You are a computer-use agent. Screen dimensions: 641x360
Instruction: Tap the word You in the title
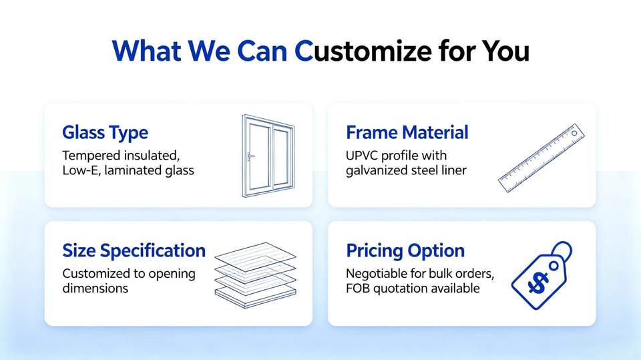(x=505, y=51)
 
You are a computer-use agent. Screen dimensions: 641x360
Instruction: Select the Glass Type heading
(x=105, y=133)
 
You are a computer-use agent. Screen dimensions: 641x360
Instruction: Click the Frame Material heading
(x=407, y=132)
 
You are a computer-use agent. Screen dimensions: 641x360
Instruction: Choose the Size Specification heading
(x=134, y=250)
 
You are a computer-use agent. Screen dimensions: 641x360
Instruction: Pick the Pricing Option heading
(x=405, y=250)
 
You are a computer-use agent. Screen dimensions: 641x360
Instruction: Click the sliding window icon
(x=268, y=156)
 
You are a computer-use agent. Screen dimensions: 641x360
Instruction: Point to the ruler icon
(x=542, y=158)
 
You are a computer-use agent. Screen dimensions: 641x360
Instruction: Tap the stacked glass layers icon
(x=256, y=275)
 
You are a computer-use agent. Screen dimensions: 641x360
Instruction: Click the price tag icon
(x=542, y=275)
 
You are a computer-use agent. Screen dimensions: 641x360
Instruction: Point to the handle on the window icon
(x=250, y=156)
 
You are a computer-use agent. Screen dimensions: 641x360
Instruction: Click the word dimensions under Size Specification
(x=95, y=289)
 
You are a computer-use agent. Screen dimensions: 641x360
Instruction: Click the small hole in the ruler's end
(x=574, y=134)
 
